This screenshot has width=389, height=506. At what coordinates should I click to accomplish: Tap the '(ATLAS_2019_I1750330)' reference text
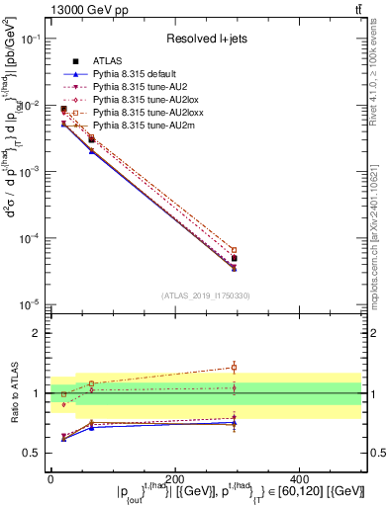[205, 295]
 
